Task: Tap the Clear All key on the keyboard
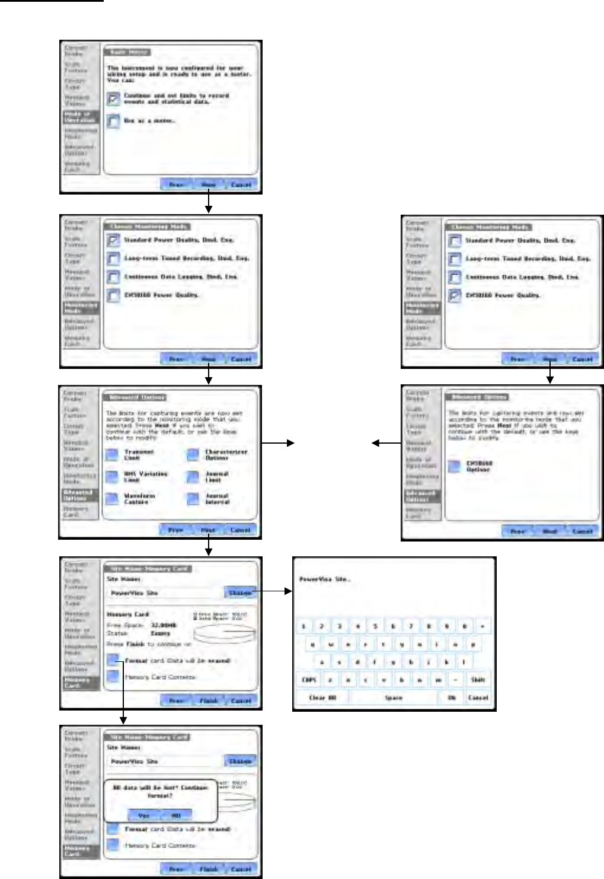322,698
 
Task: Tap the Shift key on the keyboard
478,680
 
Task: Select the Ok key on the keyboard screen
452,698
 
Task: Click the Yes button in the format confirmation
143,816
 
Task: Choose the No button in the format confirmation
176,816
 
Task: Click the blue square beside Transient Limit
112,455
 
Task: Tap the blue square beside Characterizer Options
193,455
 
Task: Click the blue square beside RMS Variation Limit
112,477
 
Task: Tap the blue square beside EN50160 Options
454,466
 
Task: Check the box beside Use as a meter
114,121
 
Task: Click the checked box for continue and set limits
114,98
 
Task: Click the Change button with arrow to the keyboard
240,592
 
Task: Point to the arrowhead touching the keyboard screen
289,592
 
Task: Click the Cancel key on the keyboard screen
478,698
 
